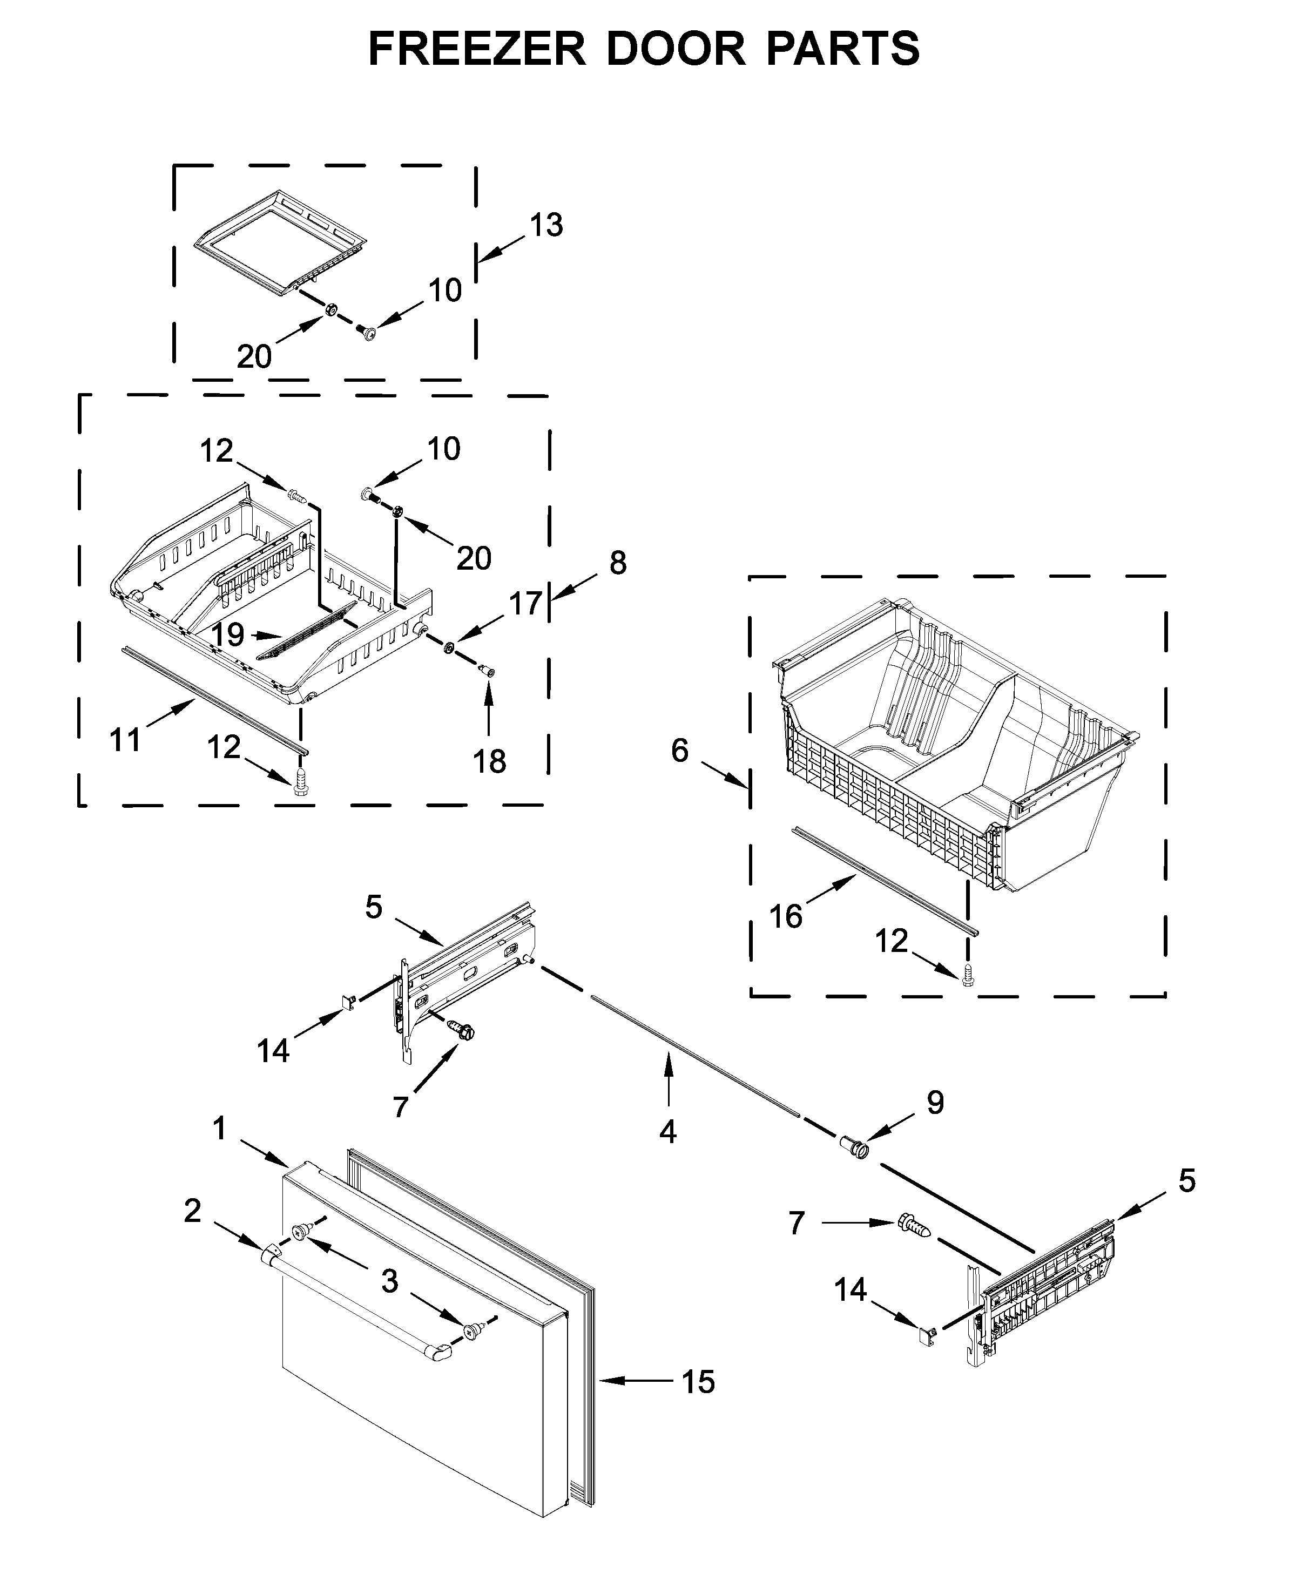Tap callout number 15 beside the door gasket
tap(698, 1382)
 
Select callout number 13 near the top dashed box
tap(546, 225)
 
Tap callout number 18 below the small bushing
tap(489, 761)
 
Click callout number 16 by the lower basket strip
tap(786, 916)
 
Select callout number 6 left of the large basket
tap(680, 751)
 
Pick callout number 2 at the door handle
tap(192, 1211)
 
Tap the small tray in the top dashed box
tap(281, 241)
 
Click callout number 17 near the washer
tap(525, 604)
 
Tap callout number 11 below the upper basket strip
tap(125, 740)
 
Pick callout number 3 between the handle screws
tap(390, 1281)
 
